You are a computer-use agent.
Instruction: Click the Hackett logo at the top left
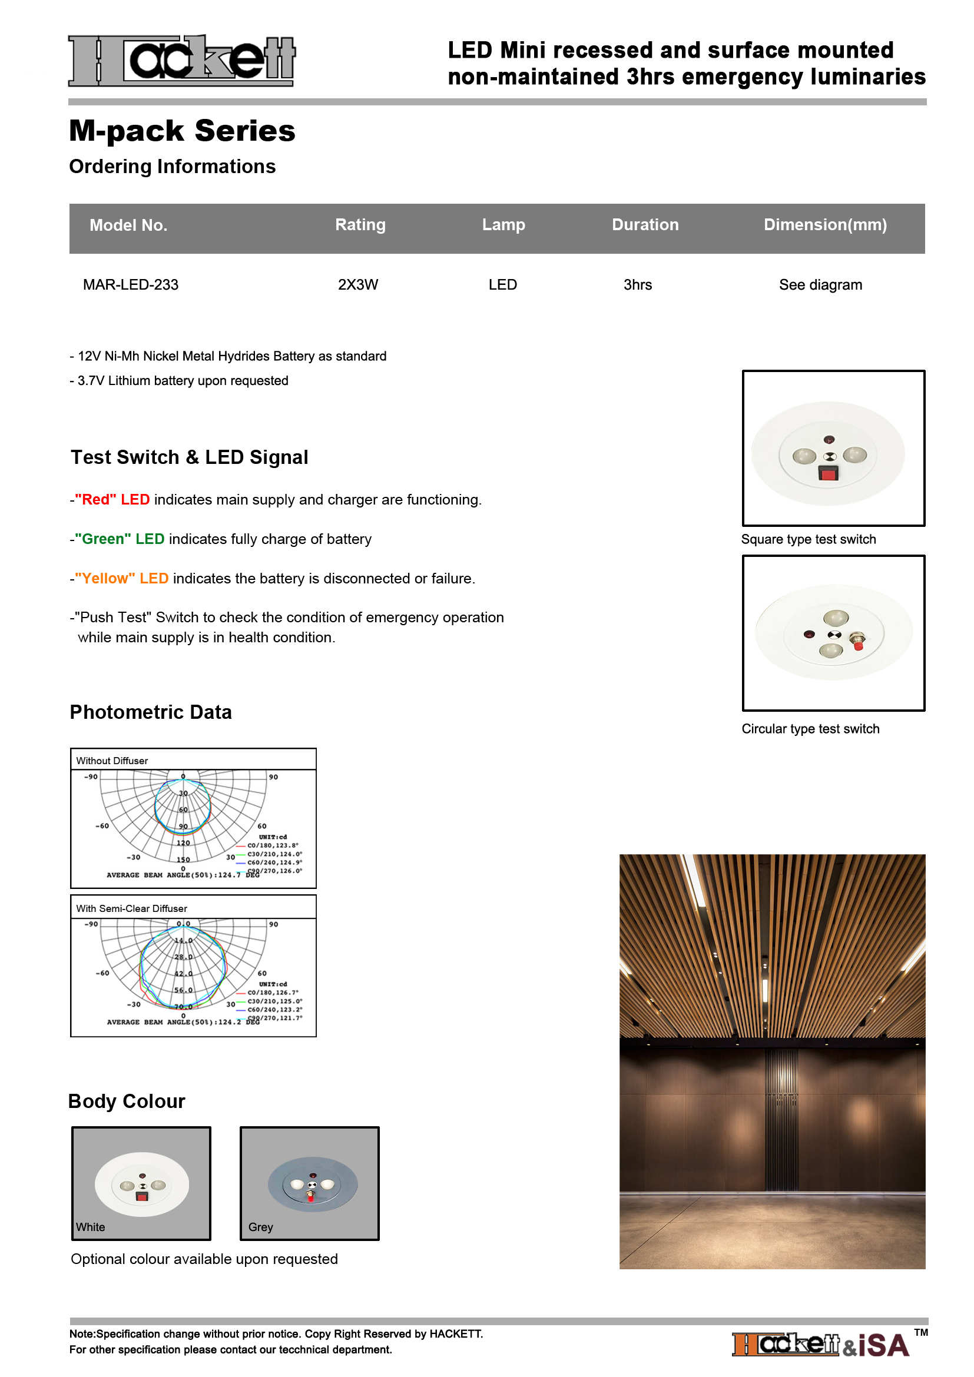click(182, 61)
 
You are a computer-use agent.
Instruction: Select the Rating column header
click(360, 225)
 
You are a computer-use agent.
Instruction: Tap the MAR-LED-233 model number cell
click(131, 285)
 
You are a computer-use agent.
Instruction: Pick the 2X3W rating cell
click(358, 285)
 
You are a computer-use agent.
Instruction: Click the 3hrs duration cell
click(638, 285)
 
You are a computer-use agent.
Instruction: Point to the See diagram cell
click(820, 285)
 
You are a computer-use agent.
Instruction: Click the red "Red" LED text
click(112, 500)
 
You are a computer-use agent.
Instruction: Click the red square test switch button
click(829, 475)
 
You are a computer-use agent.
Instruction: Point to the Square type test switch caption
click(809, 539)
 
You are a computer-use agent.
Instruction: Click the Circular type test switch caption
click(810, 729)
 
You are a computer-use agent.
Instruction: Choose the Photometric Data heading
click(151, 712)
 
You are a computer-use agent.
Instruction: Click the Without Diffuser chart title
click(112, 761)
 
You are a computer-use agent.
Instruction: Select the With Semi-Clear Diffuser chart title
click(131, 908)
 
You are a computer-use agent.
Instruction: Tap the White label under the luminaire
click(91, 1227)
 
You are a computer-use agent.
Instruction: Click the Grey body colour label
click(261, 1227)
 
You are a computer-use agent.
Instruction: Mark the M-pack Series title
click(183, 131)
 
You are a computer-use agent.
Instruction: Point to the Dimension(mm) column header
click(824, 225)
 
